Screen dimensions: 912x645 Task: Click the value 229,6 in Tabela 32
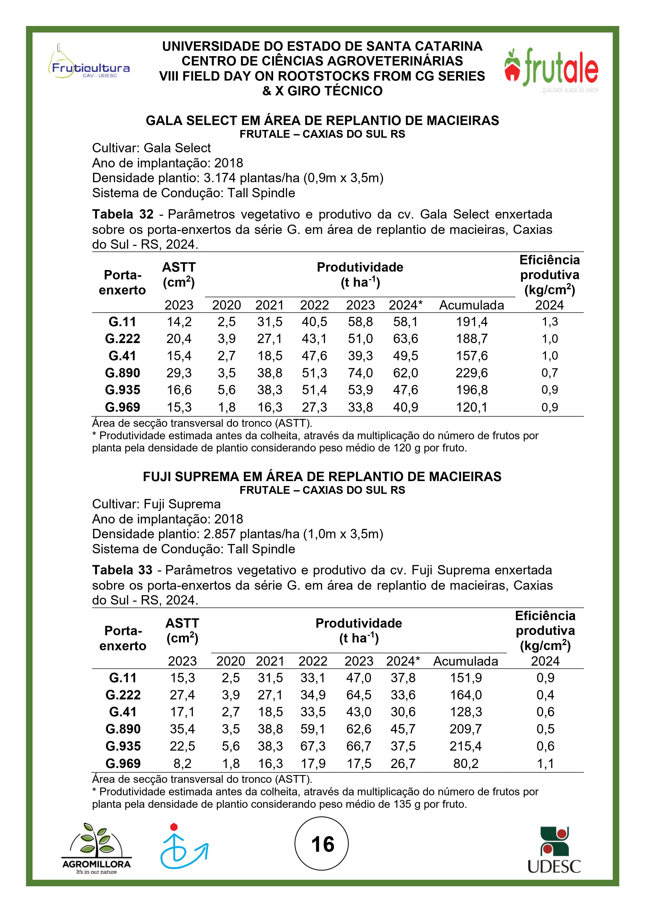[472, 373]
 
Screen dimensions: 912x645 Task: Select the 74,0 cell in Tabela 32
[360, 373]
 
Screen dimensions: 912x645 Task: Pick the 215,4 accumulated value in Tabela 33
[466, 746]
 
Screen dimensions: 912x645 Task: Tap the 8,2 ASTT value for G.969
[182, 763]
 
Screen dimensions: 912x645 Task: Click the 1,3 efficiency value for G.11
[550, 322]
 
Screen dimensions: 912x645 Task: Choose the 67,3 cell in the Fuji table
[313, 746]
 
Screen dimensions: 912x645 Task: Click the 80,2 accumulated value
[466, 763]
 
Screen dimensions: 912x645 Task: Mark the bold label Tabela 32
[123, 214]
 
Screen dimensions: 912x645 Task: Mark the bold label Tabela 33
[122, 570]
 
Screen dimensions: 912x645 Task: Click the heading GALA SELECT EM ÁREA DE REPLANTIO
[322, 120]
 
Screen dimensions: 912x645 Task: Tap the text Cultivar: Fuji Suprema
[156, 504]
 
